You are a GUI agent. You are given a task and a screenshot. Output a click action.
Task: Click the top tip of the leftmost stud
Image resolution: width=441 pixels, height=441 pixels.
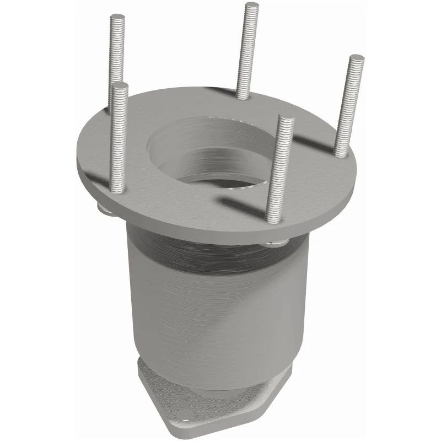pyautogui.click(x=119, y=85)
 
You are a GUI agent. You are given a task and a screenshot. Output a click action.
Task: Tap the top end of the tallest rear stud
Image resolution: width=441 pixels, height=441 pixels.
pyautogui.click(x=252, y=6)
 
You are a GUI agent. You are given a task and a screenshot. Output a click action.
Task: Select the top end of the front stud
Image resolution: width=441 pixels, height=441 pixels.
pyautogui.click(x=286, y=119)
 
